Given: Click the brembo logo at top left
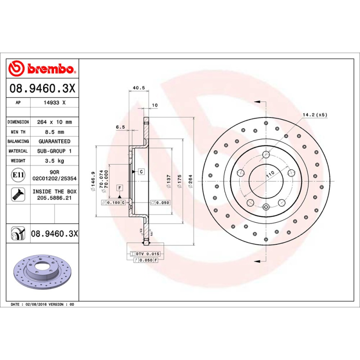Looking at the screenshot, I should (41, 69).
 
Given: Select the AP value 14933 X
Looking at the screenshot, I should (54, 103).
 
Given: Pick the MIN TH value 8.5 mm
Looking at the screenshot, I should (54, 132).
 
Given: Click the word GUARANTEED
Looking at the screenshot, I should (54, 141).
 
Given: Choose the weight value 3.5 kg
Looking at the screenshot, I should (54, 161).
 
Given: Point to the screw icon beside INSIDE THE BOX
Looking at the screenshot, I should (18, 194).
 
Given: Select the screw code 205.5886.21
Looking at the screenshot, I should (54, 198).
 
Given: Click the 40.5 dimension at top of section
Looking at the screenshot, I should (139, 88).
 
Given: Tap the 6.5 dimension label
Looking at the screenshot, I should (120, 127).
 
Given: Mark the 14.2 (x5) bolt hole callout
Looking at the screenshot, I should (315, 115).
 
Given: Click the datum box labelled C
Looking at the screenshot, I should (141, 171).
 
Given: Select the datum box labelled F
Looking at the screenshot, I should (120, 187).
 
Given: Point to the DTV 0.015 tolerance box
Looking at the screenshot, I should (147, 254).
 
